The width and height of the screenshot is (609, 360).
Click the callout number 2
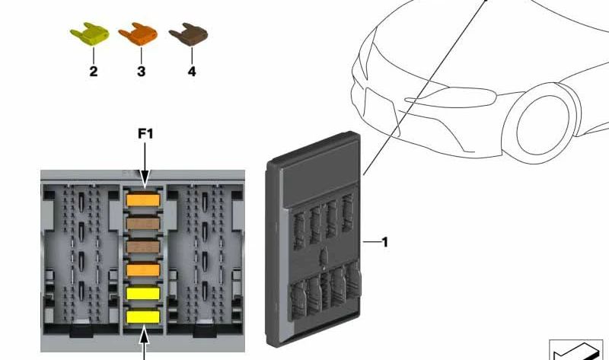94,72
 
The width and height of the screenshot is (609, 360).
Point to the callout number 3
141,72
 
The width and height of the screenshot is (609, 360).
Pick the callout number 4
192,72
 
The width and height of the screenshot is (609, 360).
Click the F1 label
145,134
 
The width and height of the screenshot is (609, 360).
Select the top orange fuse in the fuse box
143,200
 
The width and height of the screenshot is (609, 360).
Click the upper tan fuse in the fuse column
143,223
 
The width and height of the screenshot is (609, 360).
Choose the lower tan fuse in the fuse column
143,247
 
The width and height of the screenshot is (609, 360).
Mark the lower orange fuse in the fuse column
143,270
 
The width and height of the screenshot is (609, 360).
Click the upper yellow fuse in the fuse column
143,294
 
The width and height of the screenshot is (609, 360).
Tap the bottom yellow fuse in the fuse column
143,317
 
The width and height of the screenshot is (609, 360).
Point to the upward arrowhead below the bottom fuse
144,334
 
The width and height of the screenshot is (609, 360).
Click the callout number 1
385,242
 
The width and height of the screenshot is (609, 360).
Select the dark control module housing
314,239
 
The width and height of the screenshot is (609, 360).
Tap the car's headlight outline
451,97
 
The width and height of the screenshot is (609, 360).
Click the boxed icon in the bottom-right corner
576,350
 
